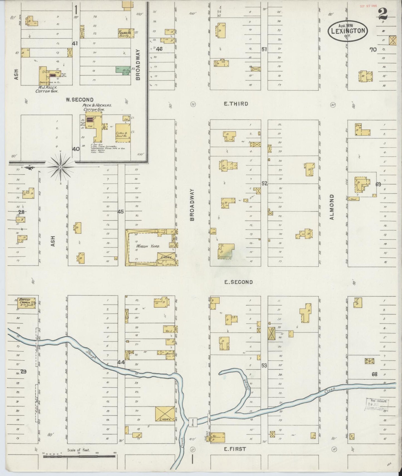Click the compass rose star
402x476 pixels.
[60, 167]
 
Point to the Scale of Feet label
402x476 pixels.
[78, 450]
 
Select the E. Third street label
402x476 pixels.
[236, 104]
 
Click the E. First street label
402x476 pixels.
[235, 449]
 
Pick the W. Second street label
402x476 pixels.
[80, 100]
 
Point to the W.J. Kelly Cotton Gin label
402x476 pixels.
[46, 89]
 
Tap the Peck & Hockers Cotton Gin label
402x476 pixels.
[93, 108]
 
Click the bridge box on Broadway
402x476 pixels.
[193, 422]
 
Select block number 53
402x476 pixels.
[264, 366]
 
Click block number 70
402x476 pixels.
[373, 50]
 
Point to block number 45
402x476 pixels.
[120, 212]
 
